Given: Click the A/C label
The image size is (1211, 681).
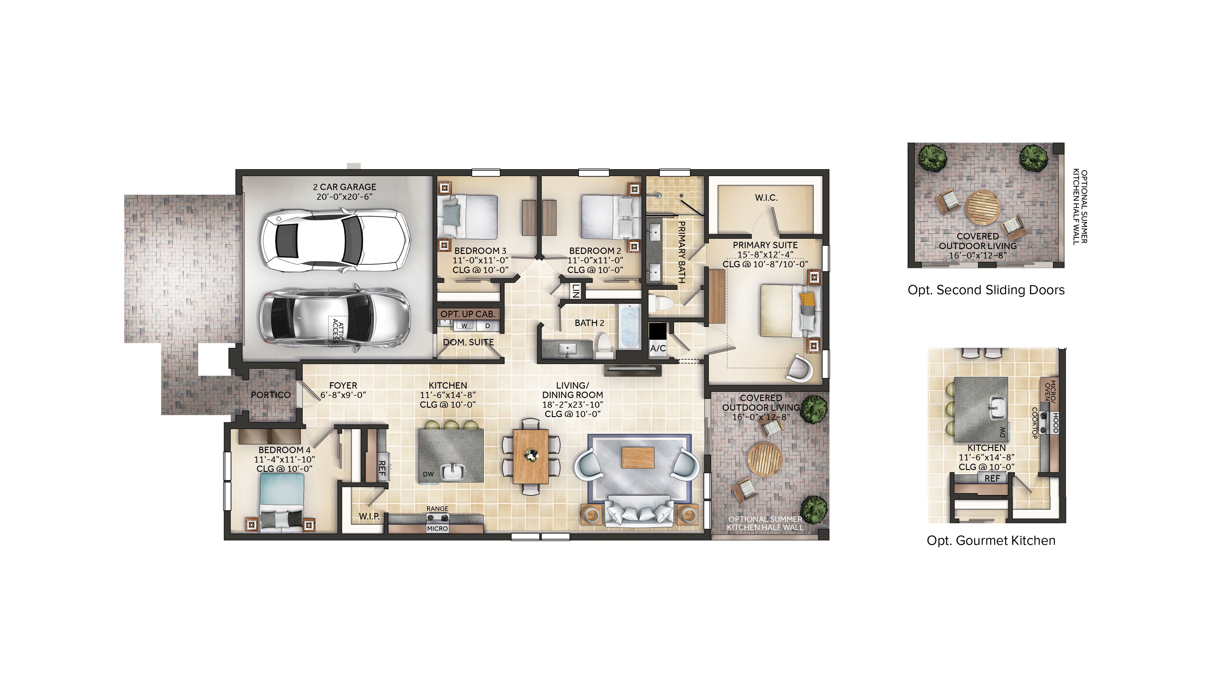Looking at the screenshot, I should pyautogui.click(x=658, y=348).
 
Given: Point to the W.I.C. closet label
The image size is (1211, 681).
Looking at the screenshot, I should pyautogui.click(x=766, y=198).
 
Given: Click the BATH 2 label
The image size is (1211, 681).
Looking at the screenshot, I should pyautogui.click(x=589, y=323).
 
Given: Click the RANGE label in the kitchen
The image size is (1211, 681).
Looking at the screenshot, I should pyautogui.click(x=437, y=508).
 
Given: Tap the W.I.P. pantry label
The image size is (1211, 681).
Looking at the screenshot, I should pyautogui.click(x=369, y=516).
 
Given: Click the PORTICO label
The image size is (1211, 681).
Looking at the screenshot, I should pyautogui.click(x=270, y=395).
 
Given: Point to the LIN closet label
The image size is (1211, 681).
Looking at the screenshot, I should pyautogui.click(x=575, y=291).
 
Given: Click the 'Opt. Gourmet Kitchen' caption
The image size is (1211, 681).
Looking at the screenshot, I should pyautogui.click(x=991, y=541).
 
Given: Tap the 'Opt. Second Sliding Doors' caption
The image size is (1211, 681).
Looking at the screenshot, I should pyautogui.click(x=986, y=290).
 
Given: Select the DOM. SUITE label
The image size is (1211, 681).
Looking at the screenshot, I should pyautogui.click(x=468, y=342).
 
